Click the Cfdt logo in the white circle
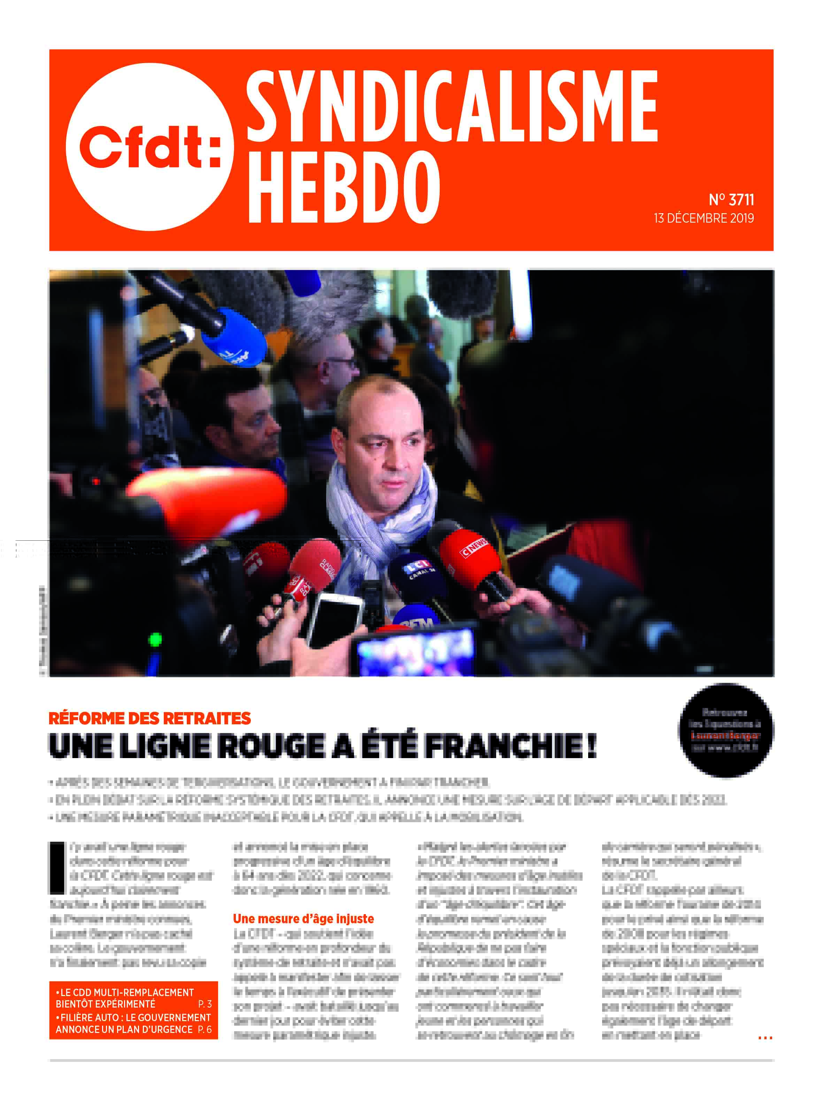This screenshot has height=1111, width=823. tap(149, 147)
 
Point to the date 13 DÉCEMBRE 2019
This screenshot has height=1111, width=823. tap(703, 218)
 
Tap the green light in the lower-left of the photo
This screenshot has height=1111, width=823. tap(155, 639)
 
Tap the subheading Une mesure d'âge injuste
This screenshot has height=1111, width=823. tap(303, 919)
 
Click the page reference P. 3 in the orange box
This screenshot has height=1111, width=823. tap(205, 1004)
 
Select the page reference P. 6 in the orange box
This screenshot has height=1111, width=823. tap(205, 1029)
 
